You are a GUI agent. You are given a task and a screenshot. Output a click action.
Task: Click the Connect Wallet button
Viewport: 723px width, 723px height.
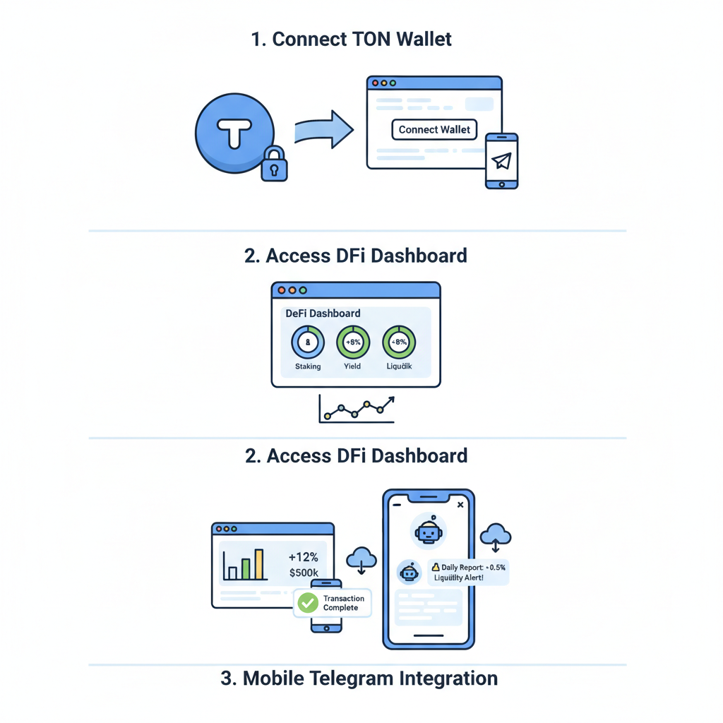tap(434, 130)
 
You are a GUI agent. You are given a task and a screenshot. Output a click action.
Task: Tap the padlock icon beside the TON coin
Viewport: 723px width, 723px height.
tap(274, 165)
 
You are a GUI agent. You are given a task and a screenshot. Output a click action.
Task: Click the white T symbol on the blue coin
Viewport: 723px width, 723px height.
tap(234, 133)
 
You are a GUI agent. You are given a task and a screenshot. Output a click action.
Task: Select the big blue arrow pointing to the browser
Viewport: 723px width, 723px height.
tap(323, 129)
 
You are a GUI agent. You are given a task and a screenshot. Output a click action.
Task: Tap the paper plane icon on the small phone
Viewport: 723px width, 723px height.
tap(502, 161)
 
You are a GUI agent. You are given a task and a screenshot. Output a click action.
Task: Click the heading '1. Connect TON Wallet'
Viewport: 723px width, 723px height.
tap(351, 39)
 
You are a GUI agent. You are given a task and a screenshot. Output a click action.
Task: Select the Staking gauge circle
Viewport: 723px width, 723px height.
tap(308, 342)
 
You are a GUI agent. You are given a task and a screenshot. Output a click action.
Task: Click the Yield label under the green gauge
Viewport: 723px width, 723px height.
tap(352, 366)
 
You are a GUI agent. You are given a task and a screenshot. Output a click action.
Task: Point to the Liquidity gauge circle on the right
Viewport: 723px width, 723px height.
tap(399, 342)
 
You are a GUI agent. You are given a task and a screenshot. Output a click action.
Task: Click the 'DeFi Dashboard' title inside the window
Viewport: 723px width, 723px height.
tap(323, 313)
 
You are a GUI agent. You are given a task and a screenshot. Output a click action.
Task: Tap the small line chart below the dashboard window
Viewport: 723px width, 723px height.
tap(357, 410)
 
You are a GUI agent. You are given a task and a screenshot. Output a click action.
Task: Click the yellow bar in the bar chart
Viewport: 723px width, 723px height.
tap(258, 564)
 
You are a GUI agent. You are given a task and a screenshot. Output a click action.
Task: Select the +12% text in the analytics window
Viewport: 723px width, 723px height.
tap(304, 557)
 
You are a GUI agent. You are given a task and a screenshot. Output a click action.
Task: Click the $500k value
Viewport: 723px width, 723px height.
tap(304, 573)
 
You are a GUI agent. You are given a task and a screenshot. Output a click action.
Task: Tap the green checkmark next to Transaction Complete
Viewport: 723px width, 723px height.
tap(308, 602)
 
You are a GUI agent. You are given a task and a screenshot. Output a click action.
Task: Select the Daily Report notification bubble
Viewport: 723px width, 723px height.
tap(468, 572)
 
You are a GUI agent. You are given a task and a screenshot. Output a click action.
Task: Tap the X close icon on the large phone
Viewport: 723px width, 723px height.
tap(460, 505)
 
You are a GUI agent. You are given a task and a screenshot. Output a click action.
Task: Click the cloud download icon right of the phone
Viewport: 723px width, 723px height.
tap(496, 537)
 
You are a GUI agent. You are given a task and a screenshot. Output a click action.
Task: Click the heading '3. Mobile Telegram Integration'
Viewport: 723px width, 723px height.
tap(359, 679)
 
